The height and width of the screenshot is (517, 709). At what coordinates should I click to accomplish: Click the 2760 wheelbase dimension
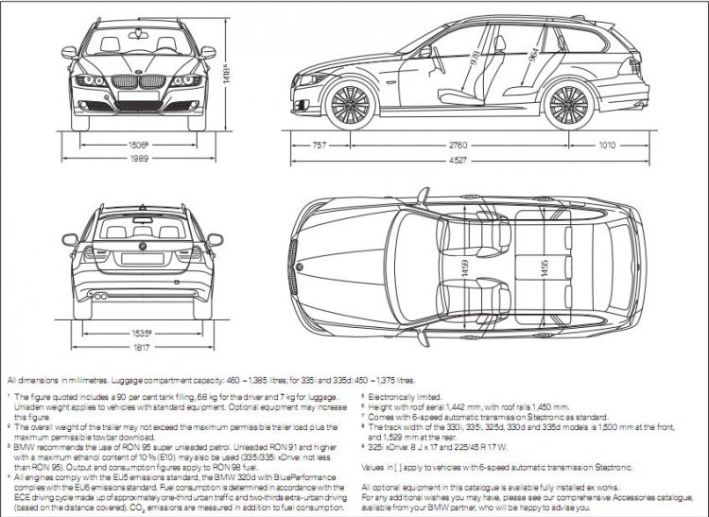coord(457,146)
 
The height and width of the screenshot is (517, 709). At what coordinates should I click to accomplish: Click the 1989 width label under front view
coord(139,160)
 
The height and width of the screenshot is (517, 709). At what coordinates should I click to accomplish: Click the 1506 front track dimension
coord(139,145)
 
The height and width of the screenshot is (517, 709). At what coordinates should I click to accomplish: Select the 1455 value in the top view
coord(543,267)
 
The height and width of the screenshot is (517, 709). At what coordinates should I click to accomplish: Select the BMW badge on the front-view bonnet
coord(139,73)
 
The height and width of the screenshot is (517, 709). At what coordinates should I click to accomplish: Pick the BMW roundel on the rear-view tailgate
coord(139,247)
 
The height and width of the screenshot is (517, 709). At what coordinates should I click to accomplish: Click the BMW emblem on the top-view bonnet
coord(300,267)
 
